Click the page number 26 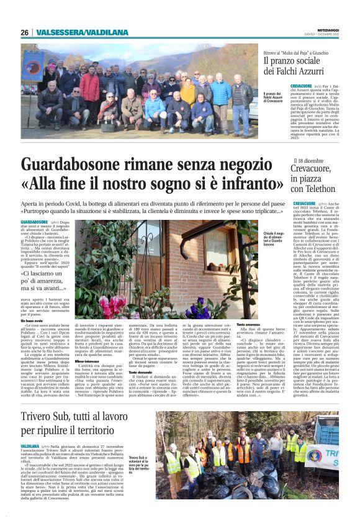click(25, 32)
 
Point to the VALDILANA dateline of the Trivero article click(30, 446)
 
